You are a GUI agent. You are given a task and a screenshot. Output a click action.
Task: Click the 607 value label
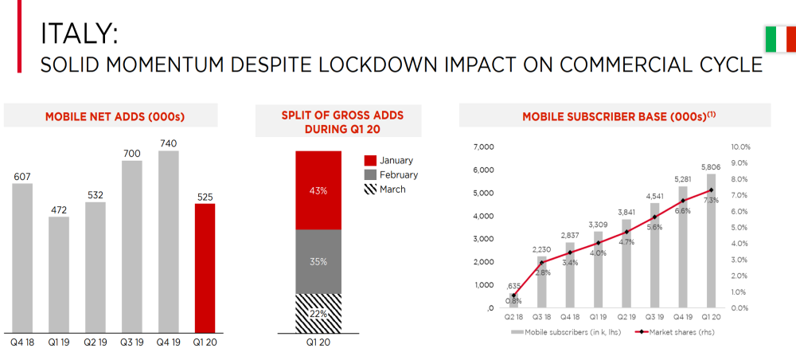click(x=22, y=176)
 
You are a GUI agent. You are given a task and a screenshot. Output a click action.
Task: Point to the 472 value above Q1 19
click(x=58, y=209)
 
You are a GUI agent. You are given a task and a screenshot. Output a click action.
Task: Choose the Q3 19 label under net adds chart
click(x=131, y=343)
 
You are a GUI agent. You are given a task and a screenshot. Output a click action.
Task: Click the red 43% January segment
click(x=318, y=190)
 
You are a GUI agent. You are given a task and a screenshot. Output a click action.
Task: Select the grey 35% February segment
click(x=318, y=261)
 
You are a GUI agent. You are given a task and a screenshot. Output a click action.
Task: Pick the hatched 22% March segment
click(x=318, y=313)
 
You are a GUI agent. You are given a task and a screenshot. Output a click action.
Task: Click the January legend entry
click(x=395, y=160)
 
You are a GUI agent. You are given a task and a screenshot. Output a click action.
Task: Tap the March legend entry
click(x=392, y=190)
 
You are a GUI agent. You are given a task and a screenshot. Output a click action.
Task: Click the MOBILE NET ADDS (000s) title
click(x=115, y=117)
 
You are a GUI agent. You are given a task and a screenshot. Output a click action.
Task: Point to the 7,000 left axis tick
click(x=484, y=147)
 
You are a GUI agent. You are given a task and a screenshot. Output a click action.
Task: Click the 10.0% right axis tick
click(x=740, y=147)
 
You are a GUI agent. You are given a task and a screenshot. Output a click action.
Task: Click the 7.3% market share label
click(x=711, y=200)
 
